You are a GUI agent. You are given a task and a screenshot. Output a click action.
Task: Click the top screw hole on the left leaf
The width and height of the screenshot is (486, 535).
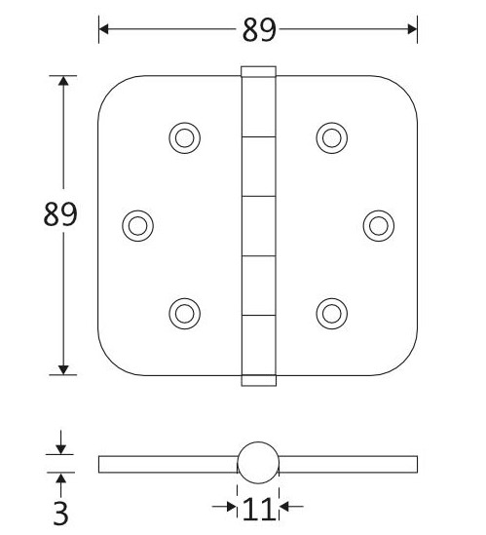coord(183,138)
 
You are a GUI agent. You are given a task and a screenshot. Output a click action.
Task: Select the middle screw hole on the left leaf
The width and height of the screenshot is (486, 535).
coord(137,225)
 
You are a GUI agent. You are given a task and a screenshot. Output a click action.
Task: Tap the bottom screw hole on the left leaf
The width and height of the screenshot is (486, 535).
coord(183,312)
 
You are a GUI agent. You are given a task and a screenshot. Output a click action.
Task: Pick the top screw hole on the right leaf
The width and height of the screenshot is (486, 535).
coord(331,138)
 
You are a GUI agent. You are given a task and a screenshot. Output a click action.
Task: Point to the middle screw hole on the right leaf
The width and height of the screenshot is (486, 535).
coord(378,225)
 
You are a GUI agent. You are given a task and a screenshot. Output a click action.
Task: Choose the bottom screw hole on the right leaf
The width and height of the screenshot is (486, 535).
coord(331,312)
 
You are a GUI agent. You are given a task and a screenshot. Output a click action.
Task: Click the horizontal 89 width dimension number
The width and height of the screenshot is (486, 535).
coord(258,30)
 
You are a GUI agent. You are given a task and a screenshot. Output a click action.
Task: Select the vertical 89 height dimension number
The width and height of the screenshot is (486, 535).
coord(60,214)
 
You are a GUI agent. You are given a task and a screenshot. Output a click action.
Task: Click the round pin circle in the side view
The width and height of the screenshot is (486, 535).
coord(258,463)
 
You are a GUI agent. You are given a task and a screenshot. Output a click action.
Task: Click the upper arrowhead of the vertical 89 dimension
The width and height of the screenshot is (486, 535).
coord(63,81)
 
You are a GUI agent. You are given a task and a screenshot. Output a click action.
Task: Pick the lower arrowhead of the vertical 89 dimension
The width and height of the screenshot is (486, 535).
coord(63,368)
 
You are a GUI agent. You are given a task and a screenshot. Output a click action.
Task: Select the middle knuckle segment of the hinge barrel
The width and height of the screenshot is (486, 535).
coord(258,225)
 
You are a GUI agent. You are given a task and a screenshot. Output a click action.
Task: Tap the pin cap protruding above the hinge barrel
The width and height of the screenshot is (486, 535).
coord(258,71)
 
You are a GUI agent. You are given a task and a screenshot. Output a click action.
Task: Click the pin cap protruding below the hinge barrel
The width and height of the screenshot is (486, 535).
coord(258,379)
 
